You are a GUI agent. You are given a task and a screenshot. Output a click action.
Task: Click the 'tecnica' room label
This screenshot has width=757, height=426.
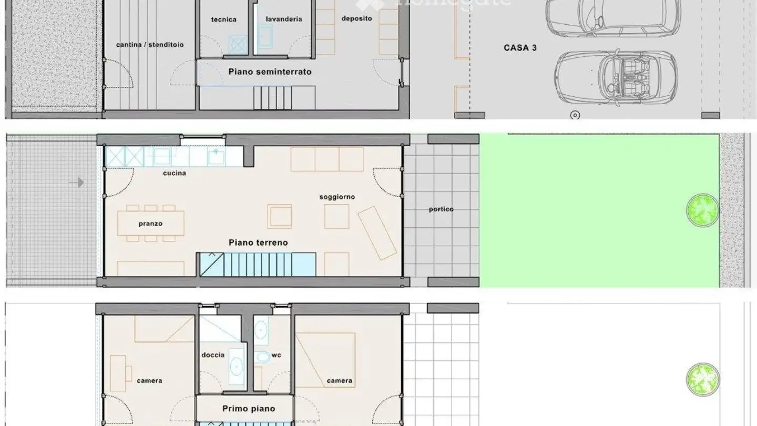(223, 19)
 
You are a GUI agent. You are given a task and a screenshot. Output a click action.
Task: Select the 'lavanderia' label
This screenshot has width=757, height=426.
(284, 19)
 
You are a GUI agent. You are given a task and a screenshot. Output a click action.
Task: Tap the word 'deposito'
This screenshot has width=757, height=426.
(356, 18)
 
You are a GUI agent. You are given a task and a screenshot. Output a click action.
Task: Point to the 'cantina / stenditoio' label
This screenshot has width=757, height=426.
(150, 45)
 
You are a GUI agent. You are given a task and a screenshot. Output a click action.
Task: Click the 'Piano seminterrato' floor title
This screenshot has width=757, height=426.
(270, 72)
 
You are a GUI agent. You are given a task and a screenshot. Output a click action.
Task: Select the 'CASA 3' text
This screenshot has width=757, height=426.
(520, 47)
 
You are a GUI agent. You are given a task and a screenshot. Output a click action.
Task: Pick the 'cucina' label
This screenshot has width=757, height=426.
(174, 173)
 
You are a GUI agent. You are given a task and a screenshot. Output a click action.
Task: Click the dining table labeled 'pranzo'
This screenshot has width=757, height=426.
(151, 224)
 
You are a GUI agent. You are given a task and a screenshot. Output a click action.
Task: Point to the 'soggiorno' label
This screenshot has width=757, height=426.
(337, 197)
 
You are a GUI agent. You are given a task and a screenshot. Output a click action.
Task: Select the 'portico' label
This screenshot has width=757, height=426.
(441, 209)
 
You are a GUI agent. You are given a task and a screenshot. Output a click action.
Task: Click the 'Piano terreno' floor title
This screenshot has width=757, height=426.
(258, 243)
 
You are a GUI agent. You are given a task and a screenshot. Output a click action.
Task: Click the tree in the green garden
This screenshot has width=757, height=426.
(702, 210)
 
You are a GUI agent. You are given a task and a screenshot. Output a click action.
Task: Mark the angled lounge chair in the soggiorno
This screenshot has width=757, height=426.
(377, 232)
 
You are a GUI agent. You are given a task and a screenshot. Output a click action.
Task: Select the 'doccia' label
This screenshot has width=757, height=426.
(213, 355)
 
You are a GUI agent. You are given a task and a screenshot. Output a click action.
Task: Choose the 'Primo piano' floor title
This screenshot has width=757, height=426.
(249, 409)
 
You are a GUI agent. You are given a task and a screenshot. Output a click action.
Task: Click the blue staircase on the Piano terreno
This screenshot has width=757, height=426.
(258, 265)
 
